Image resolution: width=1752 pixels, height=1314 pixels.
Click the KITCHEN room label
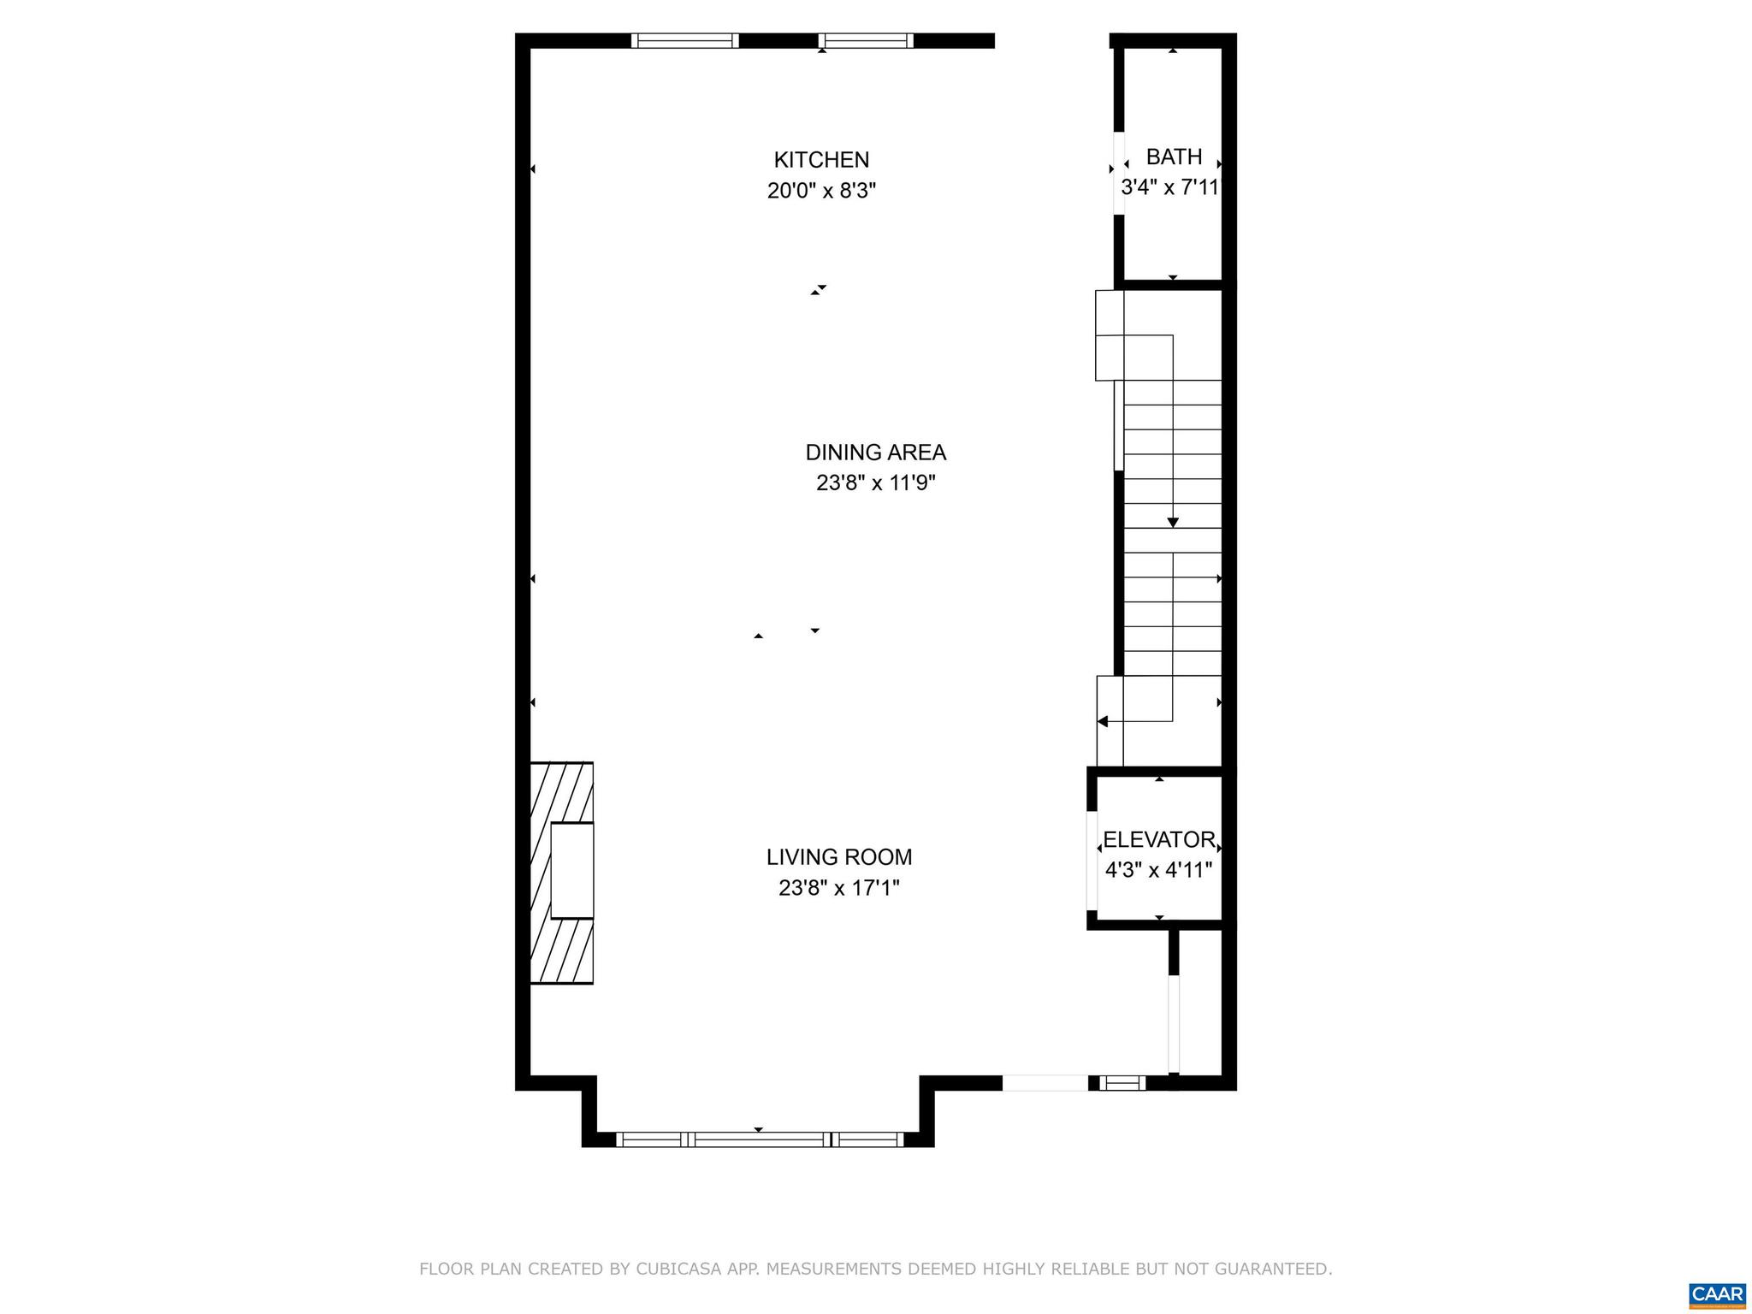(821, 160)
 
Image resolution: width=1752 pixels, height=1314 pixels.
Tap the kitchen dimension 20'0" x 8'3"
(821, 191)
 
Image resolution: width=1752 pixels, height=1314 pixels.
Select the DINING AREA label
(875, 453)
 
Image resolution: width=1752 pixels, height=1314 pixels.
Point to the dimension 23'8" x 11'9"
(875, 483)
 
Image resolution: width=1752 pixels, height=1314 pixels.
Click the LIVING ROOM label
(838, 857)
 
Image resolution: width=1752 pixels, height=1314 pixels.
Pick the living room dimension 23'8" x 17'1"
(838, 888)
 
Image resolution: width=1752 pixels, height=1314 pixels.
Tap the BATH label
(1174, 157)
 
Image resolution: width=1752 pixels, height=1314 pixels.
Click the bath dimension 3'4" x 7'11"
(1169, 188)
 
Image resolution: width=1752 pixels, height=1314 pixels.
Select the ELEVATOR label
(1158, 840)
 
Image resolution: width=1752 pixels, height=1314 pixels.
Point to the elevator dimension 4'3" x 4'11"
(1158, 871)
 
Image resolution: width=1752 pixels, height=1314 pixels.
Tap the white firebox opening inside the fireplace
(571, 871)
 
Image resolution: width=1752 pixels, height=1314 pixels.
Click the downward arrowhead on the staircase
(1173, 522)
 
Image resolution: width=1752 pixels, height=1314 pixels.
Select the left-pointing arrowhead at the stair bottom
(1103, 721)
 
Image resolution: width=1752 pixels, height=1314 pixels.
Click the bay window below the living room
(759, 1139)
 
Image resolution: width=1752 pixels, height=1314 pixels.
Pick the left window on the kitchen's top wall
(684, 40)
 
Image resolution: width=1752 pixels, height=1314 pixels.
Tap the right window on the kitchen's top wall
(866, 40)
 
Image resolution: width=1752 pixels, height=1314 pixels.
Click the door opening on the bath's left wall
(1118, 173)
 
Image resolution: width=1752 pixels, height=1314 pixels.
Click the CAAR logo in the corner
(1717, 1293)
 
